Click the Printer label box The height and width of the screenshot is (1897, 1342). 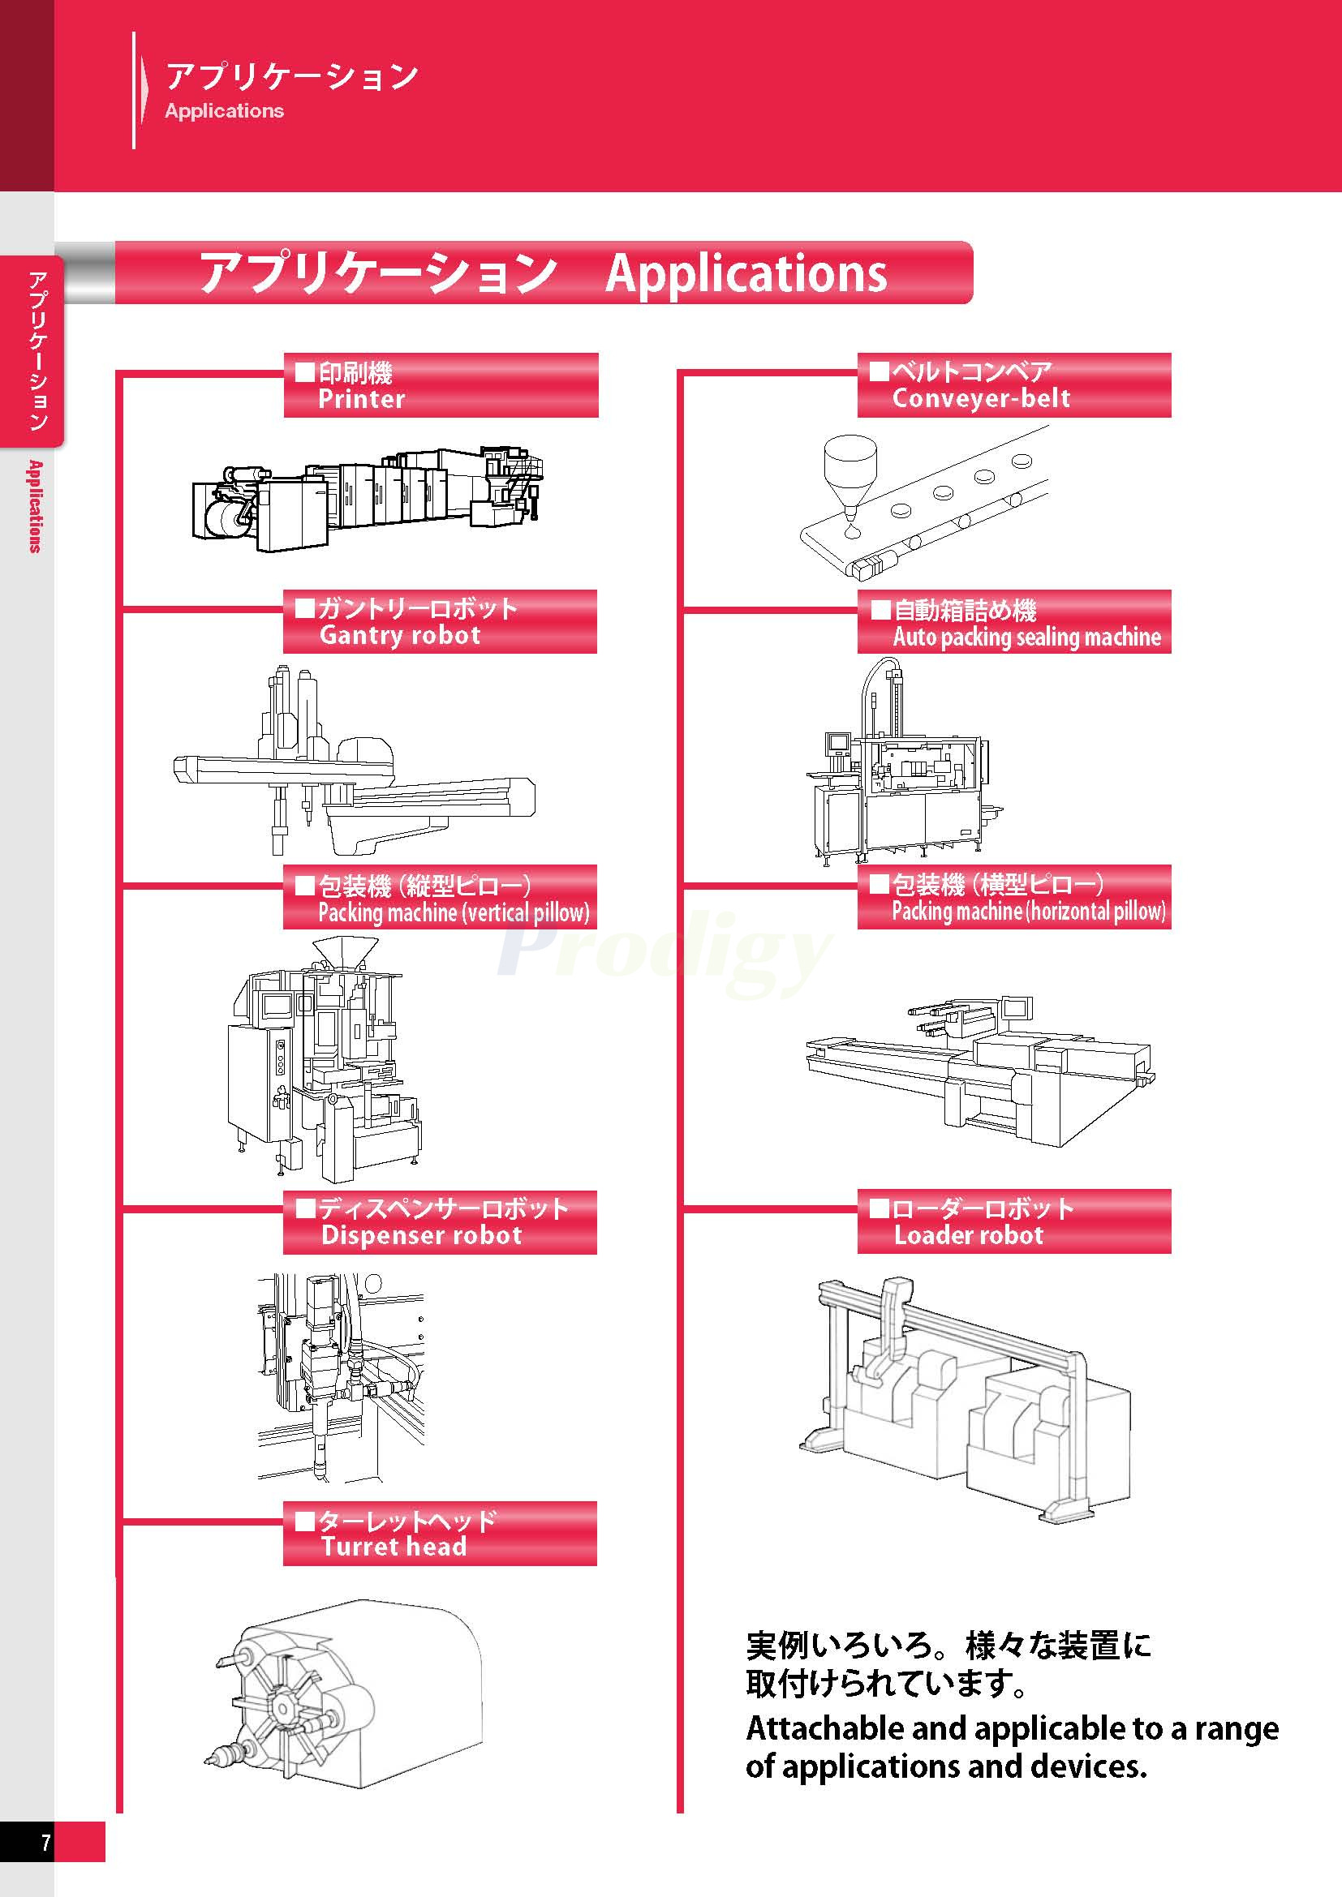441,385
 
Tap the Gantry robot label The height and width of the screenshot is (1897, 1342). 440,621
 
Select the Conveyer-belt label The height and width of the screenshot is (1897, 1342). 1013,385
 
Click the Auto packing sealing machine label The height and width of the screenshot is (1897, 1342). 1013,621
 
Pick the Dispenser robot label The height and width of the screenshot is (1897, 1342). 440,1222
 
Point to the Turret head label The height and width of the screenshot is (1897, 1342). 440,1534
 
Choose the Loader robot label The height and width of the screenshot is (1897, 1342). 1013,1221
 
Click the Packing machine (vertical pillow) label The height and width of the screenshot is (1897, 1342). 440,896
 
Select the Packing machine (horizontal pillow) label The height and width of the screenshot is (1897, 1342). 1013,896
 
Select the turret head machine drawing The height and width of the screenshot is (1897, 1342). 343,1702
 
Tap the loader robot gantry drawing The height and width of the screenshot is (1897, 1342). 963,1397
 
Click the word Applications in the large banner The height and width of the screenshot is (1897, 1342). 746,273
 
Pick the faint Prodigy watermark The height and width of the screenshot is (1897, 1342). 661,951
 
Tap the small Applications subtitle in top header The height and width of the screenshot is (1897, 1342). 224,111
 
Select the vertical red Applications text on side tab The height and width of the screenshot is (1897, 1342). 34,506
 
